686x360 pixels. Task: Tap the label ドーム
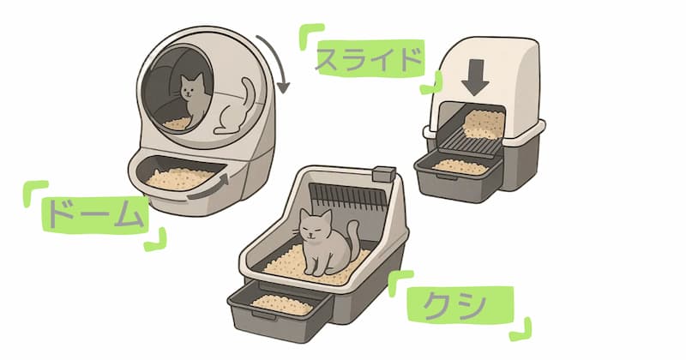pyautogui.click(x=95, y=214)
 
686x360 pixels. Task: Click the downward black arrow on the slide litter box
pyautogui.click(x=475, y=77)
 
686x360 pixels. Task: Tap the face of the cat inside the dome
pyautogui.click(x=190, y=91)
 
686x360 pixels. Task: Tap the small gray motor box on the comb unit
pyautogui.click(x=383, y=174)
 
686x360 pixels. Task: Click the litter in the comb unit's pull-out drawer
pyautogui.click(x=282, y=304)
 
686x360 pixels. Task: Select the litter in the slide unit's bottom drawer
pyautogui.click(x=460, y=166)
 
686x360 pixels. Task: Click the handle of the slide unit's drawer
pyautogui.click(x=447, y=177)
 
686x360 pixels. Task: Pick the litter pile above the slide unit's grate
pyautogui.click(x=484, y=123)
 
